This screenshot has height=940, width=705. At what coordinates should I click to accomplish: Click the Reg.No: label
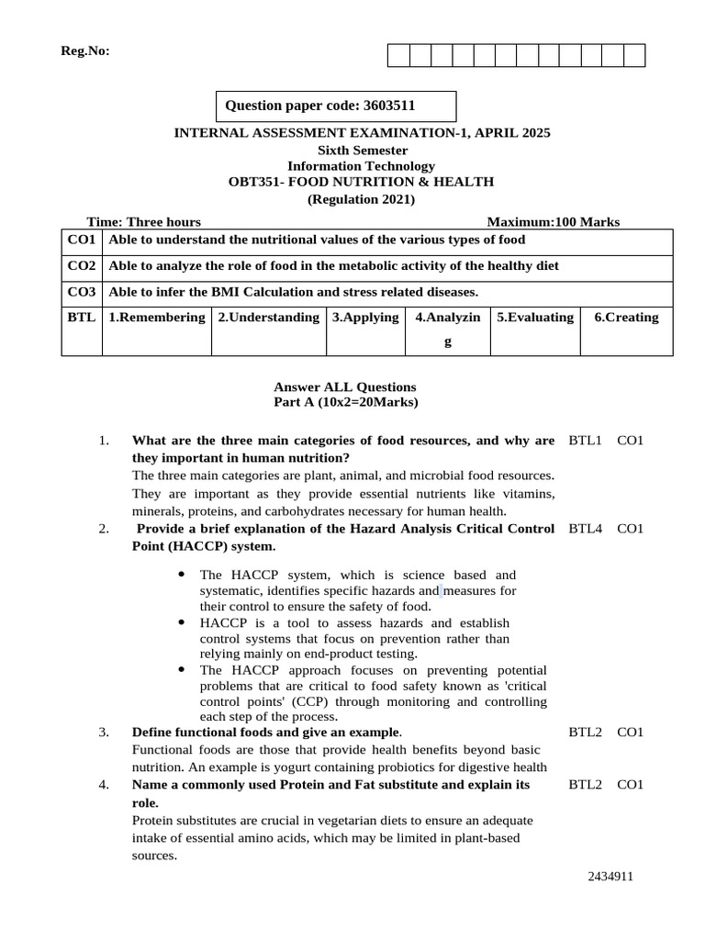click(x=85, y=51)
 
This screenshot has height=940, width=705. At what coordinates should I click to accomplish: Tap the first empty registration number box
click(x=398, y=56)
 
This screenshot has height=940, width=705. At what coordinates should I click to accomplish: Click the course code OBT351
click(x=252, y=182)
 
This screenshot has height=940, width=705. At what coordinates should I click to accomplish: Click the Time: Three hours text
click(x=143, y=221)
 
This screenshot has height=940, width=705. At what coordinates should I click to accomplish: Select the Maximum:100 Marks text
click(x=553, y=221)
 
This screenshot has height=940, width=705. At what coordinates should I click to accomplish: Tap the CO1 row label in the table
click(x=82, y=240)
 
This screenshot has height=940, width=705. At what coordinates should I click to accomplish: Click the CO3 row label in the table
click(x=82, y=292)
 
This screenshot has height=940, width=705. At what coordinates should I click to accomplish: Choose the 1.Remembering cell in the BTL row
click(x=156, y=318)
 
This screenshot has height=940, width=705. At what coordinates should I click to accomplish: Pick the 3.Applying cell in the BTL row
click(x=365, y=318)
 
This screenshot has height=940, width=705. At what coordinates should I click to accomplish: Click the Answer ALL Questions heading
click(x=345, y=386)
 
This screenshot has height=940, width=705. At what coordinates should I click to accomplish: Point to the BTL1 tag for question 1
click(x=585, y=441)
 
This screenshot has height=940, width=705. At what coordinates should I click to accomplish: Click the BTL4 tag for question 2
click(x=585, y=529)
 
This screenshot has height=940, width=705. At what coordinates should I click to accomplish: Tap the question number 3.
click(x=104, y=732)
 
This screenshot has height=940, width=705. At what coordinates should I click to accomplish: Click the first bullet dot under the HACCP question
click(x=181, y=574)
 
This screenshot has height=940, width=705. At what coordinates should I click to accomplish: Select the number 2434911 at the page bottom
click(x=610, y=877)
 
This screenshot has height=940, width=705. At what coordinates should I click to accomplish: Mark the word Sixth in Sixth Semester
click(x=336, y=150)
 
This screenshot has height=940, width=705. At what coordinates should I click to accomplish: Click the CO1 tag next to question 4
click(x=631, y=784)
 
